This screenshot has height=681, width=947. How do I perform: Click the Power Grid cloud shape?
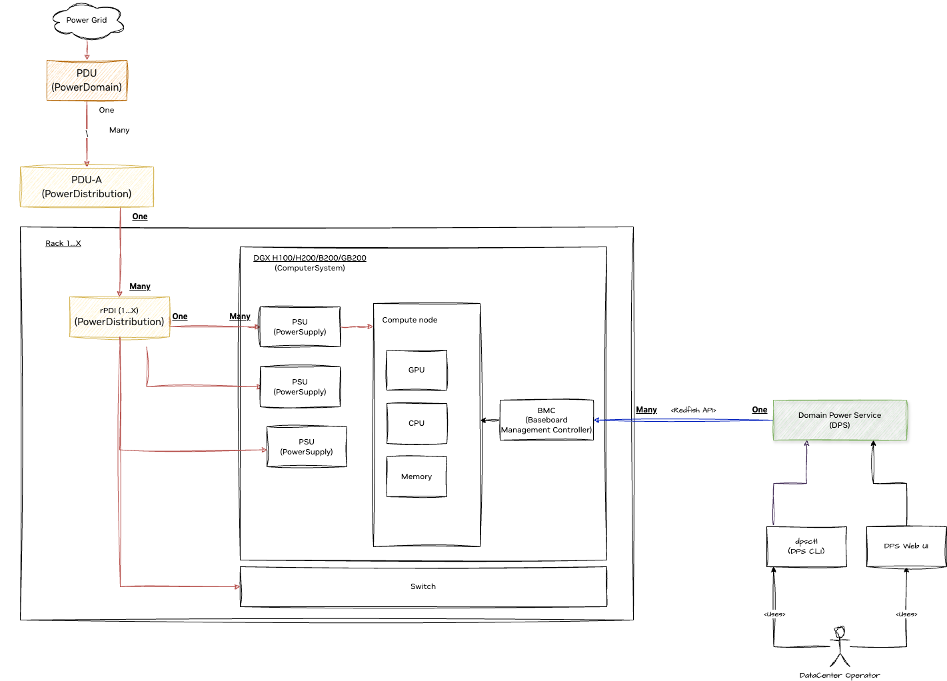pos(87,21)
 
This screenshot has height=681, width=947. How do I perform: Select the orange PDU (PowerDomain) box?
pos(87,80)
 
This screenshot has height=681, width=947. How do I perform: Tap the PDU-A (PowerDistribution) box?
pos(87,187)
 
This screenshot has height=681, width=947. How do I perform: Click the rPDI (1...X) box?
pos(119,317)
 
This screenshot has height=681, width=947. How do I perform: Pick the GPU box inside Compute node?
pos(417,370)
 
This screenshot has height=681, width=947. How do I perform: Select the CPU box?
pos(417,423)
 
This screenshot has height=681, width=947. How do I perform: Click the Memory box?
pos(417,476)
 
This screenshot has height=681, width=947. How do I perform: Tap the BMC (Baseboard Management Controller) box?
pos(546,420)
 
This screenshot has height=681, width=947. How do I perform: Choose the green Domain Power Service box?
pos(840,420)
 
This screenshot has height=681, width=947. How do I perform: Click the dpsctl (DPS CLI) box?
pos(806,546)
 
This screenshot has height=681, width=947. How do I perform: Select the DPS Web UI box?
pos(906,546)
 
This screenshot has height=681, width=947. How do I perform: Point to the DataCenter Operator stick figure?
pos(840,646)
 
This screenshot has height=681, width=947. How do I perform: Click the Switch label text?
pos(423,586)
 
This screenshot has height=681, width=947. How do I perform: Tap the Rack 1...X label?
pos(63,243)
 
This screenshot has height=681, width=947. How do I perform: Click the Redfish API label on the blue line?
pos(693,410)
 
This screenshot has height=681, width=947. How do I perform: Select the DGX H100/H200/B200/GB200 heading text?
pos(310,258)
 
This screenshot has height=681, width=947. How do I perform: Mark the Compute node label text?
pos(410,320)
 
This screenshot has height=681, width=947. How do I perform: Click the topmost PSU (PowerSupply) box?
pos(300,327)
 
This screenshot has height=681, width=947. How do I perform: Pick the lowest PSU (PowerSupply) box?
pos(307,446)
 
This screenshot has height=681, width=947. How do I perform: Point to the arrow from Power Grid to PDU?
pos(87,49)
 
